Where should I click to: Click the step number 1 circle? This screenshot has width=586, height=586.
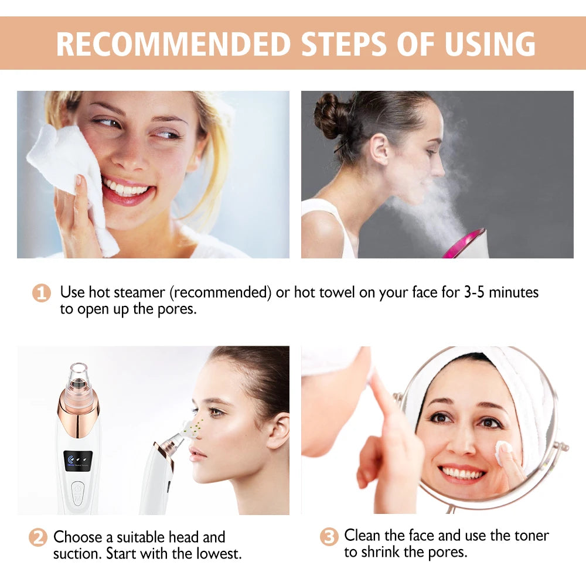pos(41,292)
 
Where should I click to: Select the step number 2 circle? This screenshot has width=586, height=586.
pos(38,537)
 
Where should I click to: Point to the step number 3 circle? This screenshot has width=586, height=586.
pos(329,536)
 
